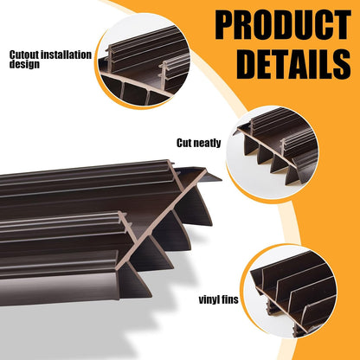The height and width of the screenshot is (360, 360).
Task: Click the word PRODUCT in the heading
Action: pyautogui.click(x=283, y=25)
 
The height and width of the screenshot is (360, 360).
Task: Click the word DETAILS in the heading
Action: pyautogui.click(x=293, y=64)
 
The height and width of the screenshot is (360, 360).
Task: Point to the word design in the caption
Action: pyautogui.click(x=24, y=64)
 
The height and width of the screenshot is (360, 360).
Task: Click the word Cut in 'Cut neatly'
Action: pyautogui.click(x=183, y=143)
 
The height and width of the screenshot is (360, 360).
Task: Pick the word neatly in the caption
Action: pyautogui.click(x=207, y=144)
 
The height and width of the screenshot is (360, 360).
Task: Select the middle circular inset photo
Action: pyautogui.click(x=273, y=152)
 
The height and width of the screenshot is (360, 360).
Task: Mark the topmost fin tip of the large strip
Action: pyautogui.click(x=221, y=180)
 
